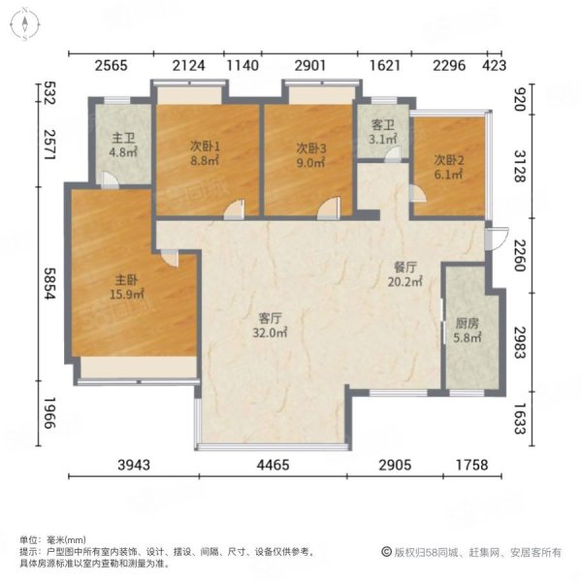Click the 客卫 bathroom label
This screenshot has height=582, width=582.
[x=383, y=125]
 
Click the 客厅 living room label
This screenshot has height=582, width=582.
[x=271, y=317]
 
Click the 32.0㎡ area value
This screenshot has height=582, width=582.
[x=273, y=332]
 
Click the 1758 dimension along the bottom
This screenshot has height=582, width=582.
[x=467, y=465]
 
